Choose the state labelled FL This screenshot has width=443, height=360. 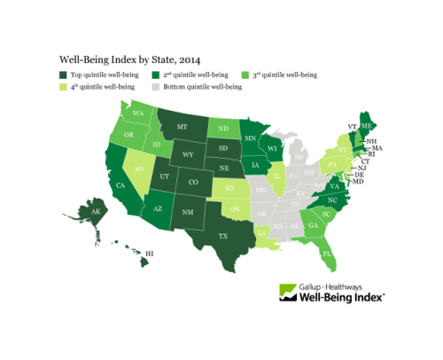[x=330, y=254]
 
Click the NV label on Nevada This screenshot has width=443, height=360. [x=137, y=166]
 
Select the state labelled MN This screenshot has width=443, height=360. [x=251, y=138]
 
